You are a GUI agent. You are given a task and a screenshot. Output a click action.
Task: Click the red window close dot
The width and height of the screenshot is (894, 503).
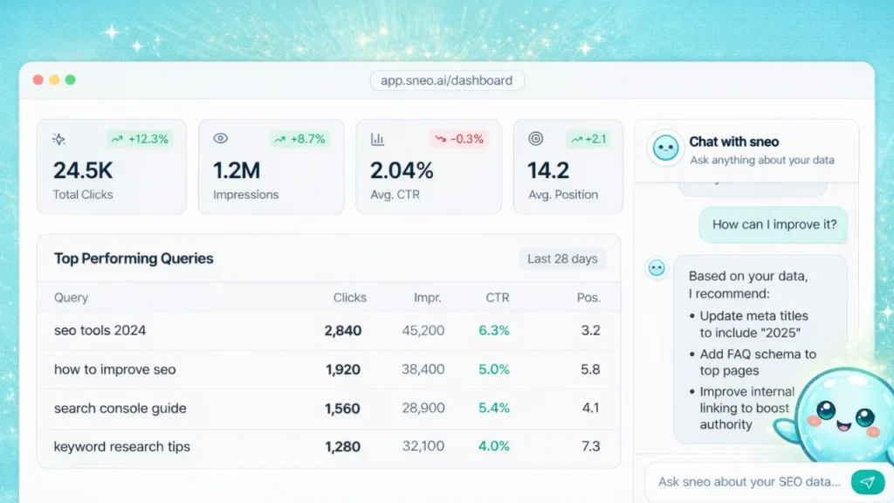point(38,80)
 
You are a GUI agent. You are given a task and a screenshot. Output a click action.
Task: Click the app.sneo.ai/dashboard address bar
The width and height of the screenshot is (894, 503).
point(447,80)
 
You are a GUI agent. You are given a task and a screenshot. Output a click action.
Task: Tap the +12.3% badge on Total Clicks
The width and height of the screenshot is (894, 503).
point(139,139)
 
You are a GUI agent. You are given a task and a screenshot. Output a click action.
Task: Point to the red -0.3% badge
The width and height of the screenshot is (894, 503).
point(458,139)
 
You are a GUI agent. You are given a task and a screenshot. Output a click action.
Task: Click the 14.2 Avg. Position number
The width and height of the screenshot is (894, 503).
point(550,170)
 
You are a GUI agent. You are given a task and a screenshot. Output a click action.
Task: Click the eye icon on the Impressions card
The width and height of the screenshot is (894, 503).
point(221,139)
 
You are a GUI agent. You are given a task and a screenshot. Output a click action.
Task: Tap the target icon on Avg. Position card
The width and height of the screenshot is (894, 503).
point(536,139)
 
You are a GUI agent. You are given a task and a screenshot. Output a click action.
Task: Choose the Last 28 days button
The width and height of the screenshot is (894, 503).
point(562,258)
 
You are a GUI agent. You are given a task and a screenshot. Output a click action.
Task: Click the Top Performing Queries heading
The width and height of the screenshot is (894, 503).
point(134,258)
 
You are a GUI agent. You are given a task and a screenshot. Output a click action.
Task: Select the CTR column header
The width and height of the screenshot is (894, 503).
point(498,298)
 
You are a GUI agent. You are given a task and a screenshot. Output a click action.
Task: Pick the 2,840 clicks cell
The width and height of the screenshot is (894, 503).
point(342,331)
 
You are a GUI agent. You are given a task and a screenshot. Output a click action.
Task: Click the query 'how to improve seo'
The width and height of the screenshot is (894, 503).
point(114,369)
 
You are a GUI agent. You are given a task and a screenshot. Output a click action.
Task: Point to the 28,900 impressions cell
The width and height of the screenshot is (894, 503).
point(423,408)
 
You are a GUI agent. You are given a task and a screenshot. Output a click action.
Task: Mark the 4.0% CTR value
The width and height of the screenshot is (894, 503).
point(494,446)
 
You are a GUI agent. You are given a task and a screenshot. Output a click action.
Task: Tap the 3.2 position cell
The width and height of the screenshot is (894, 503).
point(590,331)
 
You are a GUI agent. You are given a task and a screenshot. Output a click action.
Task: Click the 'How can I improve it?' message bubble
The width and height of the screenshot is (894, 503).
point(774,224)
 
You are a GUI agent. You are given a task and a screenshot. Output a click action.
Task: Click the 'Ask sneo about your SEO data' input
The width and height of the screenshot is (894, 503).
point(749,481)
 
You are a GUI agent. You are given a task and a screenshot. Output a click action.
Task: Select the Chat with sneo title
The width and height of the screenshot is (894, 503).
point(733,141)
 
